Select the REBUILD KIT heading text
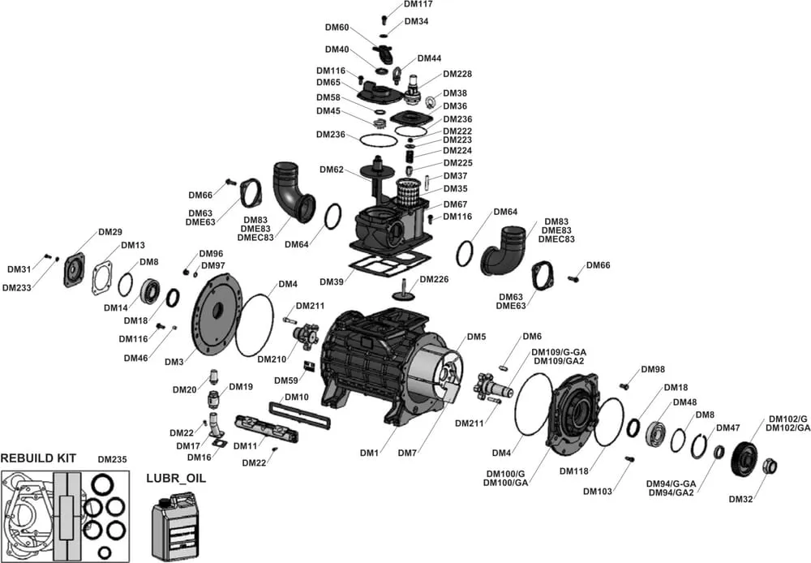(38, 458)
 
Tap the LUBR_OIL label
(175, 478)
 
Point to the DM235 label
(112, 459)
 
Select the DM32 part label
(741, 499)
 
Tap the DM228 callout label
(457, 74)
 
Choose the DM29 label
(109, 232)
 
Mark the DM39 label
(331, 281)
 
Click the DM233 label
(16, 287)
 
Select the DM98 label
(652, 370)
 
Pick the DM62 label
(332, 170)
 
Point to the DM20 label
(185, 389)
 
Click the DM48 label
(684, 402)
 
